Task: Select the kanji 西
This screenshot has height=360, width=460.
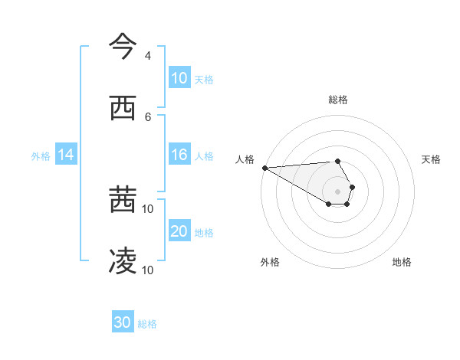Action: point(123,109)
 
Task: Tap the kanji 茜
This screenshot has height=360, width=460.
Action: point(123,201)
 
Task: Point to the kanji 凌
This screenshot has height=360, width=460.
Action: point(123,262)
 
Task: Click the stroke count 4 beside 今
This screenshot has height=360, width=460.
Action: point(147,56)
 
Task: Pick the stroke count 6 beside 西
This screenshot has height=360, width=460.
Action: point(147,116)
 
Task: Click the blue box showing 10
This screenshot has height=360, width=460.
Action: point(179,78)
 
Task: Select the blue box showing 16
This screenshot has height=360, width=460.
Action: point(179,155)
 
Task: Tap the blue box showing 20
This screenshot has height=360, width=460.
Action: point(179,231)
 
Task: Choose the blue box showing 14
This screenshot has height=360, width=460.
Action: point(66,155)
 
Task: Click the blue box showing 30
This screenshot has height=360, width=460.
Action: point(123,322)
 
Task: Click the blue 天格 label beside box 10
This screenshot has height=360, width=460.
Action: point(204,79)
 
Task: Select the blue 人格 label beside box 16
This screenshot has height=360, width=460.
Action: point(204,155)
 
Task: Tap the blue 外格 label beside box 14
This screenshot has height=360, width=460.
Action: point(41,155)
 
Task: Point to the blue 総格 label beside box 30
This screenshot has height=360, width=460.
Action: point(147,323)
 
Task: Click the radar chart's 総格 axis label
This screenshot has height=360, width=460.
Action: point(338,100)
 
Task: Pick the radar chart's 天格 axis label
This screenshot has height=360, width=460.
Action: point(431,159)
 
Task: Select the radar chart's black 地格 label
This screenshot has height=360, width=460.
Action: point(402,262)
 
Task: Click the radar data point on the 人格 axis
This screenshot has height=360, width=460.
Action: point(264,168)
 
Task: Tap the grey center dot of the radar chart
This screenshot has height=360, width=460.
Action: point(338,191)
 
